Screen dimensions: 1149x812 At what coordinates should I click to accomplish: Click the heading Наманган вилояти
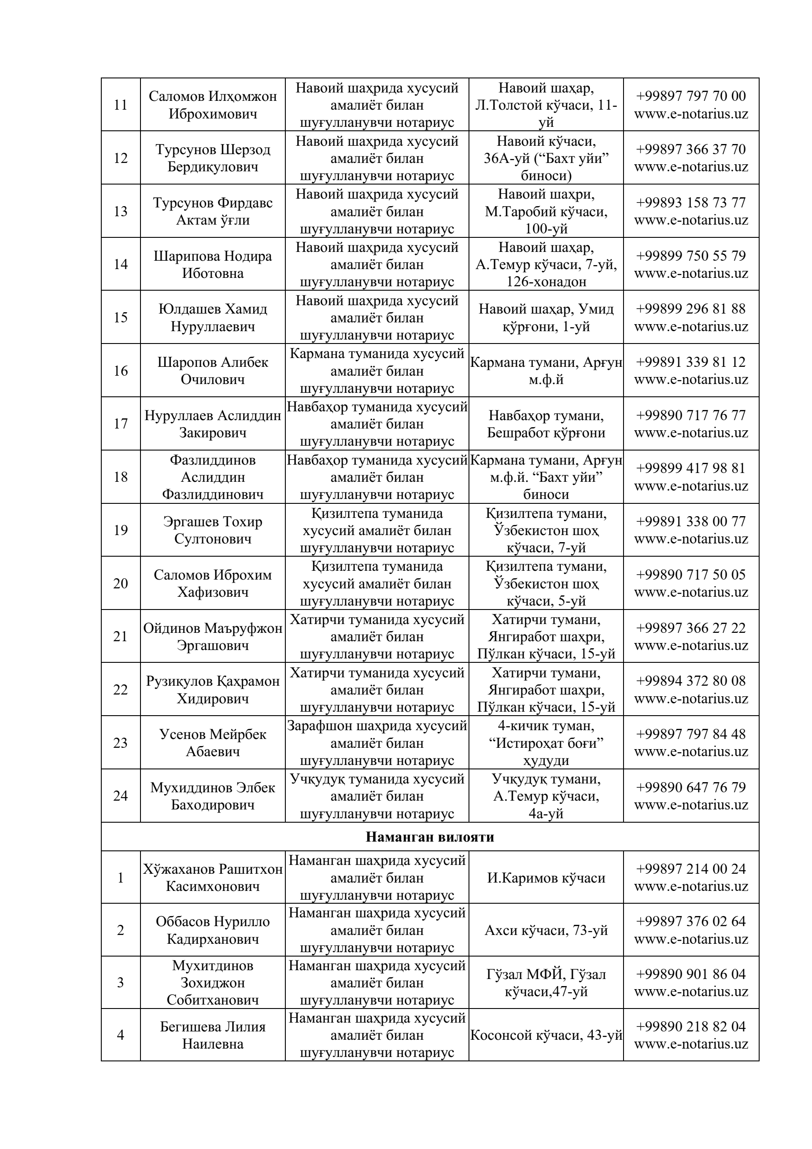[x=430, y=837]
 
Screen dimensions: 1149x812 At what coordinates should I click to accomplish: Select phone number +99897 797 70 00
[x=690, y=96]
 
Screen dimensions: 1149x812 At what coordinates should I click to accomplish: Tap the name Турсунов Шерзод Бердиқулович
[x=213, y=158]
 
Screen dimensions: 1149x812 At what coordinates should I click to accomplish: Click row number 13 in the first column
[x=121, y=211]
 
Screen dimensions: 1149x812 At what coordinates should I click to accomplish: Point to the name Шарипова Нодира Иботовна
[x=213, y=264]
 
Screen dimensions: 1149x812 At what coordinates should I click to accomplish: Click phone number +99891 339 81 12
[x=690, y=362]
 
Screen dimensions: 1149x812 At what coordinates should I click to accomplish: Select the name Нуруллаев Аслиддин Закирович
[x=213, y=424]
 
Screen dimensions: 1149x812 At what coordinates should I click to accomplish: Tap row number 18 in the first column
[x=121, y=477]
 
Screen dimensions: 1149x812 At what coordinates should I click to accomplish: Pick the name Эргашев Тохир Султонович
[x=213, y=530]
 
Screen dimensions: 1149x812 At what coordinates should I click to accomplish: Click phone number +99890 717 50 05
[x=690, y=574]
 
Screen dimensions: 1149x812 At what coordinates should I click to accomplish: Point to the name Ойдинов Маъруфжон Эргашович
[x=213, y=636]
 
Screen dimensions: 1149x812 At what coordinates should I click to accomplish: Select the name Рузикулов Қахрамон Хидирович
[x=213, y=690]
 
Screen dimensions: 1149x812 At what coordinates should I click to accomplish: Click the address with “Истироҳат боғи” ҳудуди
[x=546, y=743]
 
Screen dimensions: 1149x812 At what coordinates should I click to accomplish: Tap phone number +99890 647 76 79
[x=690, y=787]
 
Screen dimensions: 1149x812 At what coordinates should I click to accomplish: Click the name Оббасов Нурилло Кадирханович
[x=213, y=930]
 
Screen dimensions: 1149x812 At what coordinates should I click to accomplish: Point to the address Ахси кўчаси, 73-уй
[x=546, y=930]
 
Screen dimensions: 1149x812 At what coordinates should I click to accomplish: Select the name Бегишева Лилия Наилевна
[x=213, y=1035]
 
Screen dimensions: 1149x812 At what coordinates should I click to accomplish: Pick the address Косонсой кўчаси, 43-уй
[x=546, y=1035]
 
